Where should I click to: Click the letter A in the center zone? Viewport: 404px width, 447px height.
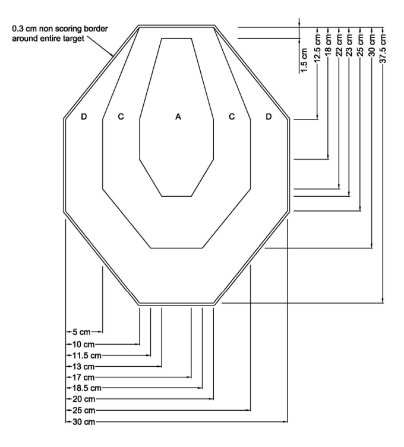177,117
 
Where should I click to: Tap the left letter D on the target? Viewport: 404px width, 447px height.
84,117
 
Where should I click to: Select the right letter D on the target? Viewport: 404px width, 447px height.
268,117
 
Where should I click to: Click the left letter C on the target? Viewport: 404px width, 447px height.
121,117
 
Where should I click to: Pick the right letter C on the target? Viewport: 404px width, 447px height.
232,117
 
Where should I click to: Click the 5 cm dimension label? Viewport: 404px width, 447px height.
80,332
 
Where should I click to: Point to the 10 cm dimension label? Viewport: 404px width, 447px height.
81,344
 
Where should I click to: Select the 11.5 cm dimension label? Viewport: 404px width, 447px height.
84,355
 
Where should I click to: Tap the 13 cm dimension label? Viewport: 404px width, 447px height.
81,366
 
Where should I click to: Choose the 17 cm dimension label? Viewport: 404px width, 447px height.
81,377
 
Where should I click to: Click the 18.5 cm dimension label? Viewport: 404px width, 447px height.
84,388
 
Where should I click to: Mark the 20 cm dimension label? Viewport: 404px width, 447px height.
81,399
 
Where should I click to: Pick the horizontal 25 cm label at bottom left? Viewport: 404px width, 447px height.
81,411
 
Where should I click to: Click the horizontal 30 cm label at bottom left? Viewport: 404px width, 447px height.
81,422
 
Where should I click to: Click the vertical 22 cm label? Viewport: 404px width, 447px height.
338,43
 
